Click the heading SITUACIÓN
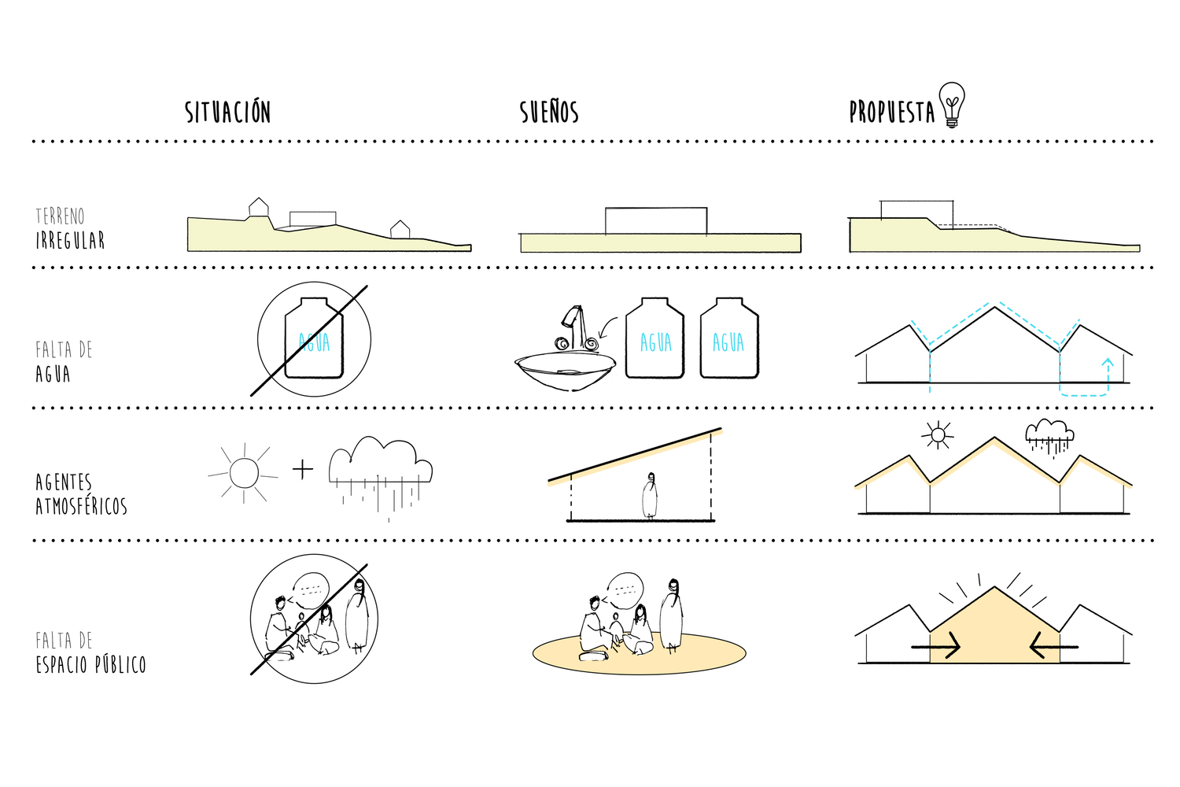pyautogui.click(x=227, y=111)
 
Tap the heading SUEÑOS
pyautogui.click(x=549, y=111)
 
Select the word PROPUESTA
pyautogui.click(x=892, y=111)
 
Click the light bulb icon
pyautogui.click(x=952, y=105)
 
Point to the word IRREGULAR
pyautogui.click(x=70, y=240)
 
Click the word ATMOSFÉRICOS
pyautogui.click(x=81, y=506)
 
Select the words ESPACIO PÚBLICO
pyautogui.click(x=90, y=664)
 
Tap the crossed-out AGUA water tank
pyautogui.click(x=314, y=338)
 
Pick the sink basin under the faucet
pyautogui.click(x=566, y=371)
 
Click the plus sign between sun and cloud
pyautogui.click(x=303, y=468)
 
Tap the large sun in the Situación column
pyautogui.click(x=244, y=473)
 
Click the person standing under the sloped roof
pyautogui.click(x=650, y=496)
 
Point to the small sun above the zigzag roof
pyautogui.click(x=938, y=435)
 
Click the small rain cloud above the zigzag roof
pyautogui.click(x=1049, y=437)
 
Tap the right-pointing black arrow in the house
pyautogui.click(x=935, y=646)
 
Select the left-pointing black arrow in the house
pyautogui.click(x=1054, y=646)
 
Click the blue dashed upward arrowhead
pyautogui.click(x=1108, y=363)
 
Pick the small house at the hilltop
pyautogui.click(x=258, y=207)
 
